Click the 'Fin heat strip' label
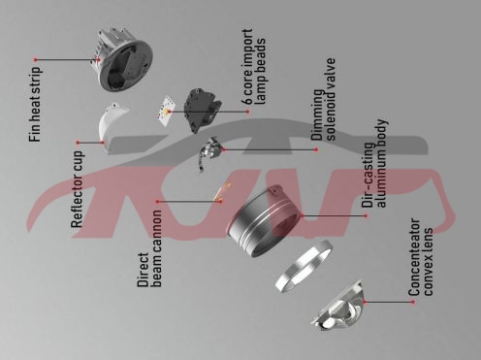pyautogui.click(x=36, y=101)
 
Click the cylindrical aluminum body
pyautogui.click(x=262, y=213)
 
